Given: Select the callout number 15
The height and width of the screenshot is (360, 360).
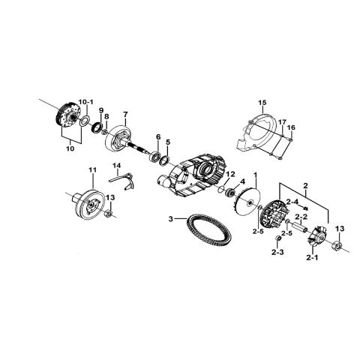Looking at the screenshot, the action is tap(262, 103).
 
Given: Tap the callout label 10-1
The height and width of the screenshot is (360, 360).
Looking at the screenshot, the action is tap(85, 102).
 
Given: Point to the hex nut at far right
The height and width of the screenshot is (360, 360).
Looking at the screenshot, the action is tap(337, 244).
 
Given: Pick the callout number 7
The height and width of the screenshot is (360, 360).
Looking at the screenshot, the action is tap(125, 114).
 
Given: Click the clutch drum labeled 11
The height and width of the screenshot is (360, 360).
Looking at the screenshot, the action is tap(88, 205).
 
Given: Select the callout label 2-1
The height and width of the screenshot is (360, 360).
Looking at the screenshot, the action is tap(312, 258).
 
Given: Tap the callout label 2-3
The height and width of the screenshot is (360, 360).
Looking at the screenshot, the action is tap(277, 253).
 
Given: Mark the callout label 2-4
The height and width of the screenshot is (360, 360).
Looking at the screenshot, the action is tap(292, 202).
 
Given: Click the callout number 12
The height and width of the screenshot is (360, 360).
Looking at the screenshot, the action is tap(230, 174).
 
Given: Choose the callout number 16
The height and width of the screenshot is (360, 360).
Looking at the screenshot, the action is tap(291, 127).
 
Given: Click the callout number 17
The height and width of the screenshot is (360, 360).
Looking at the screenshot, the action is tap(282, 122).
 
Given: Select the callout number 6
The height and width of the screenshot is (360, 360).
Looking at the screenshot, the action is tap(158, 136).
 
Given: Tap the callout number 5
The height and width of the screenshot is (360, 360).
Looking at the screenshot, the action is tap(168, 142).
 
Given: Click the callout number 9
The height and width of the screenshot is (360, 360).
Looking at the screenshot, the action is tap(101, 110).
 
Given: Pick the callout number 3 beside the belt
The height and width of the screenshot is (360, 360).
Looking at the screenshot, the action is tap(171, 219).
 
